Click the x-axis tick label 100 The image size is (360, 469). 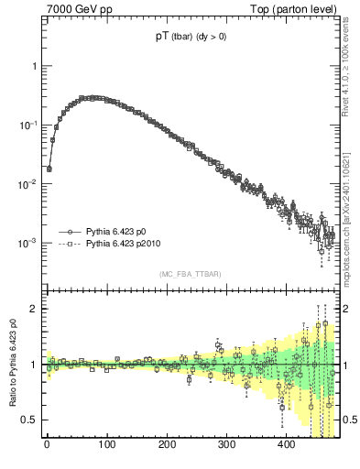click(107, 446)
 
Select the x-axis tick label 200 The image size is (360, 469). click(167, 446)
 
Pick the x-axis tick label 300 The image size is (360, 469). click(227, 446)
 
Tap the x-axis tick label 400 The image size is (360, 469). click(287, 446)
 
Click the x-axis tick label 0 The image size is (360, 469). click(47, 446)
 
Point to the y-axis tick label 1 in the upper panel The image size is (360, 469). click(34, 67)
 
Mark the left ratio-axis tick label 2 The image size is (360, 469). click(34, 309)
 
